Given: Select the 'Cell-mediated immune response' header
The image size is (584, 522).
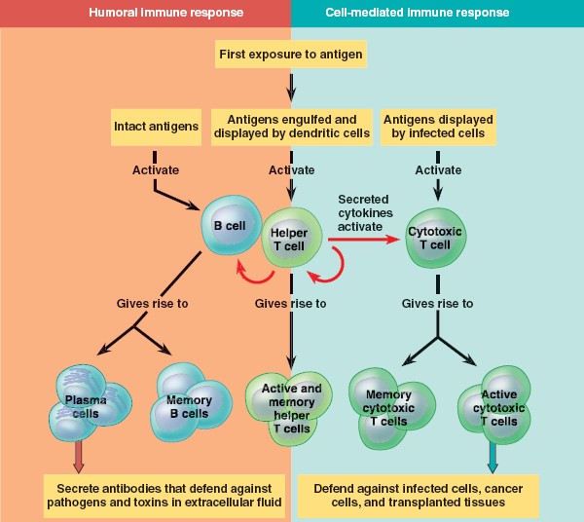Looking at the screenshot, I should pyautogui.click(x=438, y=14).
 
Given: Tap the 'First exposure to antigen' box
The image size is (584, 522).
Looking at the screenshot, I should pyautogui.click(x=291, y=55).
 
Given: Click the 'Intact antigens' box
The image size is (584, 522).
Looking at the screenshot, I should pyautogui.click(x=156, y=127).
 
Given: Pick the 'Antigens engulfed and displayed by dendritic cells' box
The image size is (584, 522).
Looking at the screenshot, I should pyautogui.click(x=291, y=127).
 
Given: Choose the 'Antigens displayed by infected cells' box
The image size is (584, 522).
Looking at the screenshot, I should pyautogui.click(x=438, y=127).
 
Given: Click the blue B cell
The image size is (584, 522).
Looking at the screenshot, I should pyautogui.click(x=230, y=227).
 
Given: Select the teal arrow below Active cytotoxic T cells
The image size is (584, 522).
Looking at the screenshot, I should pyautogui.click(x=493, y=456).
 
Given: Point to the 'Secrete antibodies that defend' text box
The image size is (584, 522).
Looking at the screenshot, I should pyautogui.click(x=164, y=494).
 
